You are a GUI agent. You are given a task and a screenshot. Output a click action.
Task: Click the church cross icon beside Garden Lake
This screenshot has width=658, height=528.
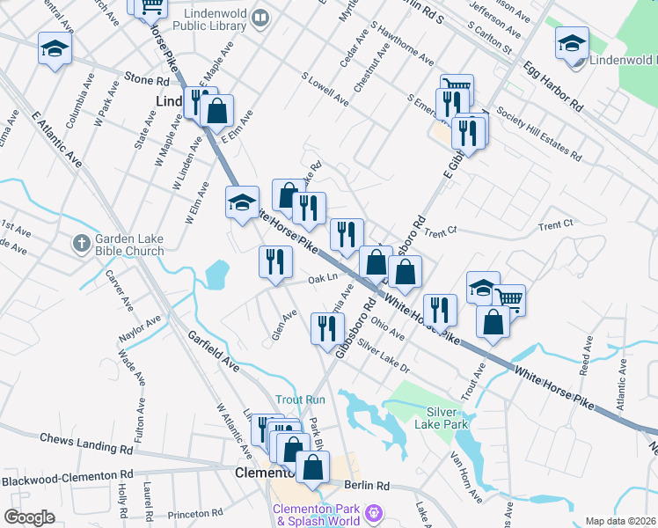pos(81,242)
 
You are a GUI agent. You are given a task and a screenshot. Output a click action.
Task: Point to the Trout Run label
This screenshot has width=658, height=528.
pos(300,400)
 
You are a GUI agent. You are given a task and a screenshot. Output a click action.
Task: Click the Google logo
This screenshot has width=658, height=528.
pos(29,517)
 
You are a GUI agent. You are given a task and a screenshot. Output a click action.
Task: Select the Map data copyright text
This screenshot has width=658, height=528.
pos(621,521)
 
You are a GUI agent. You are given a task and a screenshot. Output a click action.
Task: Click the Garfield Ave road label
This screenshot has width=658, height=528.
pos(214,349)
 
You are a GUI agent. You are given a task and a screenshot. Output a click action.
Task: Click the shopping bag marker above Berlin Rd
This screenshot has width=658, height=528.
pos(312,467)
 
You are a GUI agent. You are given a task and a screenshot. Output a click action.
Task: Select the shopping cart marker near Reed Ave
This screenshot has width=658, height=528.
pos(508,299)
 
